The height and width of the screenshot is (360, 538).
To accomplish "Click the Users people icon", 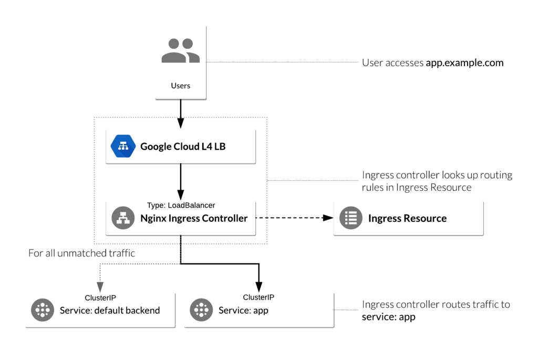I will click(x=180, y=51).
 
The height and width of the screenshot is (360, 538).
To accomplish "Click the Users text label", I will click(x=180, y=86).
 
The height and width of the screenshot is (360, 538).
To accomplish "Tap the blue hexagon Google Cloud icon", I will click(x=123, y=147).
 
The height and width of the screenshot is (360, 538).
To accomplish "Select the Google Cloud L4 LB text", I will click(x=183, y=147).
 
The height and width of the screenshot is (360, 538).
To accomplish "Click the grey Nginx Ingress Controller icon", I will click(x=123, y=218).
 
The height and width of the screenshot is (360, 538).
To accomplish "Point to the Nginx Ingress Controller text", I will click(x=194, y=218).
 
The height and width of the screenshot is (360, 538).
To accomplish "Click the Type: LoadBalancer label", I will click(x=181, y=205).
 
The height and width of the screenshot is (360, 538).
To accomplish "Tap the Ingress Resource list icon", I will click(x=351, y=218).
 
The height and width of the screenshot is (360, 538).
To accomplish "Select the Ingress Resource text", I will click(x=407, y=218).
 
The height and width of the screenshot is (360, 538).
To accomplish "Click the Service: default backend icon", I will click(x=42, y=310).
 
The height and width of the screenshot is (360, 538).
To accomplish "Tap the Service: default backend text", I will click(x=110, y=310).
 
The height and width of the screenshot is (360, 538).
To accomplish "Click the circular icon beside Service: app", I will click(x=201, y=310).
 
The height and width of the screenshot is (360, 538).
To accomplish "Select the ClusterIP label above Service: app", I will click(x=258, y=297).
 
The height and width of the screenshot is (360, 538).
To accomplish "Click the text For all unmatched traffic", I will click(x=81, y=253).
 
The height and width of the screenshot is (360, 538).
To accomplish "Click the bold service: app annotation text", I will click(x=388, y=317).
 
